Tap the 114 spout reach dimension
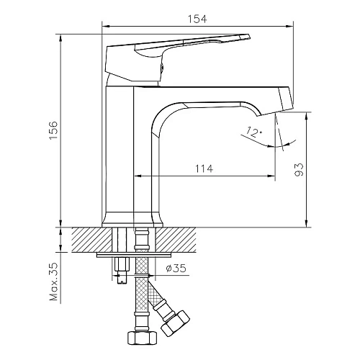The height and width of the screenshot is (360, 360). pyautogui.click(x=204, y=168)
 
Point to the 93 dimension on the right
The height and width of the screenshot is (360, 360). pyautogui.click(x=300, y=170)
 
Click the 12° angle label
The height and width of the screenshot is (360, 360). pyautogui.click(x=253, y=132)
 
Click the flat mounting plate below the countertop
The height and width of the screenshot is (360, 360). pyautogui.click(x=137, y=254)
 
